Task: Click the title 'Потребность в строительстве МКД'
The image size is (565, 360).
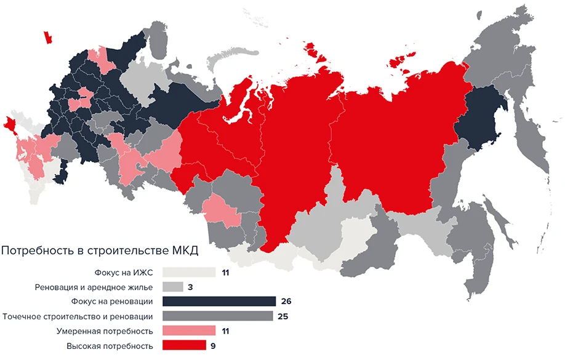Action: click(x=100, y=251)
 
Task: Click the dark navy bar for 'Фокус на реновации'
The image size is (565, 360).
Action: click(x=218, y=302)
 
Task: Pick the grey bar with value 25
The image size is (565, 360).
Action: click(x=217, y=316)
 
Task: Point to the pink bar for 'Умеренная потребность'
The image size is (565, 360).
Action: click(x=189, y=331)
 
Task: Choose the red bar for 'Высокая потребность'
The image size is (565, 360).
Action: click(x=184, y=346)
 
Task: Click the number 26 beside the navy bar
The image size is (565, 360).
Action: click(x=285, y=302)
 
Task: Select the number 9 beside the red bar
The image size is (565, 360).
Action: click(x=213, y=346)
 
